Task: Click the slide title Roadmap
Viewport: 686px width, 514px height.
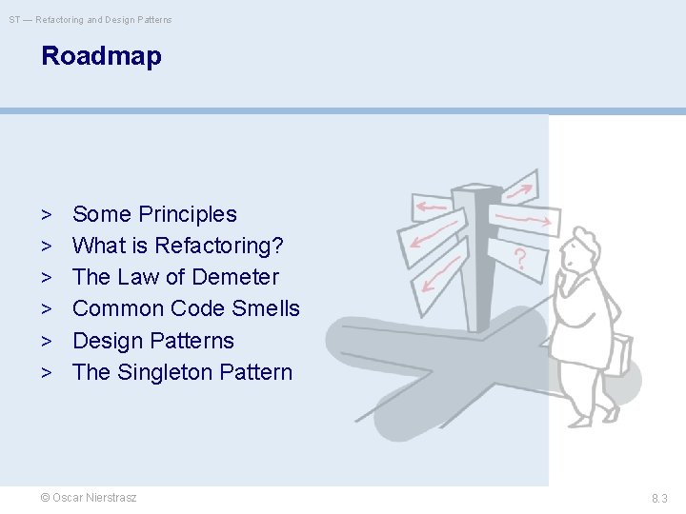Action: pyautogui.click(x=101, y=56)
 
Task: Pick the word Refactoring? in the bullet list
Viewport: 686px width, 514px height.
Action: pyautogui.click(x=218, y=246)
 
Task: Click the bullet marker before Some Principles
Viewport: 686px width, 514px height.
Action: pyautogui.click(x=46, y=215)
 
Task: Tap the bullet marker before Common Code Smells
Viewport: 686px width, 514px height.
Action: pyautogui.click(x=46, y=309)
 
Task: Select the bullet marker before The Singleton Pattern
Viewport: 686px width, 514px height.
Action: pyautogui.click(x=46, y=373)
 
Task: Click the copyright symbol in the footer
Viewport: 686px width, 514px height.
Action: pyautogui.click(x=45, y=498)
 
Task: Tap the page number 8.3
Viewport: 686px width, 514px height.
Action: pyautogui.click(x=659, y=498)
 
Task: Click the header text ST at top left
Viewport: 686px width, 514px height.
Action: pyautogui.click(x=14, y=19)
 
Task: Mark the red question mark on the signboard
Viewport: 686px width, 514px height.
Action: pyautogui.click(x=520, y=257)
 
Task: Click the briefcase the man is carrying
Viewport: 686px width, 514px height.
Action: pyautogui.click(x=619, y=354)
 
